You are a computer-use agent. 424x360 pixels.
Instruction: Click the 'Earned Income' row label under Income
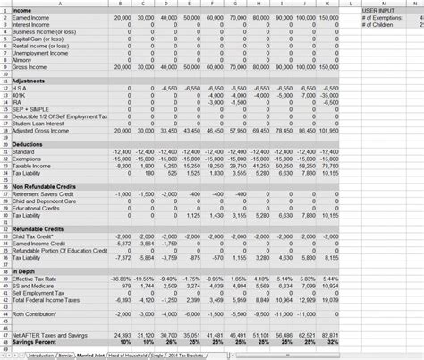coord(31,18)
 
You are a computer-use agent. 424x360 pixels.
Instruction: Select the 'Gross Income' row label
coord(30,66)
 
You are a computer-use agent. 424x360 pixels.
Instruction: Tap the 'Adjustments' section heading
coord(29,82)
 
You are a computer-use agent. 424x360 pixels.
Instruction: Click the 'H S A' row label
coord(20,90)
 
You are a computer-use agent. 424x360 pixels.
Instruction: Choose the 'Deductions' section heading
coord(28,144)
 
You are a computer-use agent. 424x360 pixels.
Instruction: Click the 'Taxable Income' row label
coord(32,166)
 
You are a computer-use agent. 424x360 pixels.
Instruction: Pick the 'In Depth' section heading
coord(23,270)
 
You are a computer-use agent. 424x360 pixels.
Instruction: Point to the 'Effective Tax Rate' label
coord(38,279)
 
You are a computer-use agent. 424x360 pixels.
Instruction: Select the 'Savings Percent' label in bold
coord(35,342)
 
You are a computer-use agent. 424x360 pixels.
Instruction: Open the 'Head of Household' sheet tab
coord(131,356)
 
